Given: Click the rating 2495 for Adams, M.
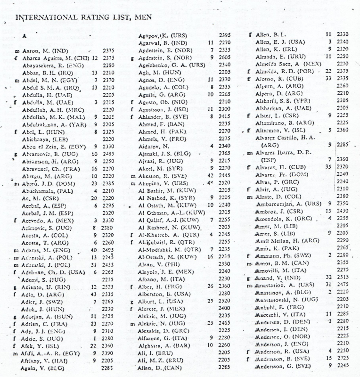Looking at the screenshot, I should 108,250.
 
